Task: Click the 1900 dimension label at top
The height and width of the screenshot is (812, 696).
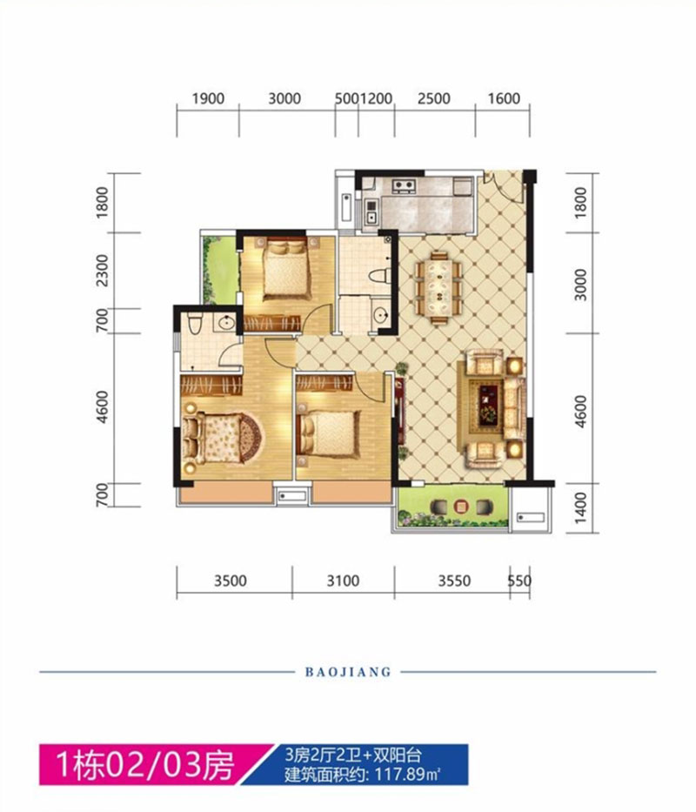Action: click(208, 98)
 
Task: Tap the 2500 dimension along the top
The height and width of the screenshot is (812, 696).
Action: click(434, 98)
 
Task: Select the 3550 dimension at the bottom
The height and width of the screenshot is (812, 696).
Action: click(455, 580)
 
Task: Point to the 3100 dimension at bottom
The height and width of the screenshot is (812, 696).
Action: click(343, 580)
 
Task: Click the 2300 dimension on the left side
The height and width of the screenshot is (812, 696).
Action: click(103, 270)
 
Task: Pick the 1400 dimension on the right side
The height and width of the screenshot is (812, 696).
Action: click(581, 507)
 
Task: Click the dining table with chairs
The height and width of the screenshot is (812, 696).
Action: click(438, 287)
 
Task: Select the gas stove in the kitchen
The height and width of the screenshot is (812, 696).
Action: click(404, 185)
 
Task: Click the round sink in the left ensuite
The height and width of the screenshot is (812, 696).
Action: click(226, 324)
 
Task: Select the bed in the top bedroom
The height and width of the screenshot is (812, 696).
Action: click(286, 268)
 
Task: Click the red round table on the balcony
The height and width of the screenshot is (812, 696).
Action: click(460, 506)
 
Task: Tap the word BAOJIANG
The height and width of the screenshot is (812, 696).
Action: click(348, 672)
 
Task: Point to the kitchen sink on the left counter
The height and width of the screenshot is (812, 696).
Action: click(371, 211)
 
